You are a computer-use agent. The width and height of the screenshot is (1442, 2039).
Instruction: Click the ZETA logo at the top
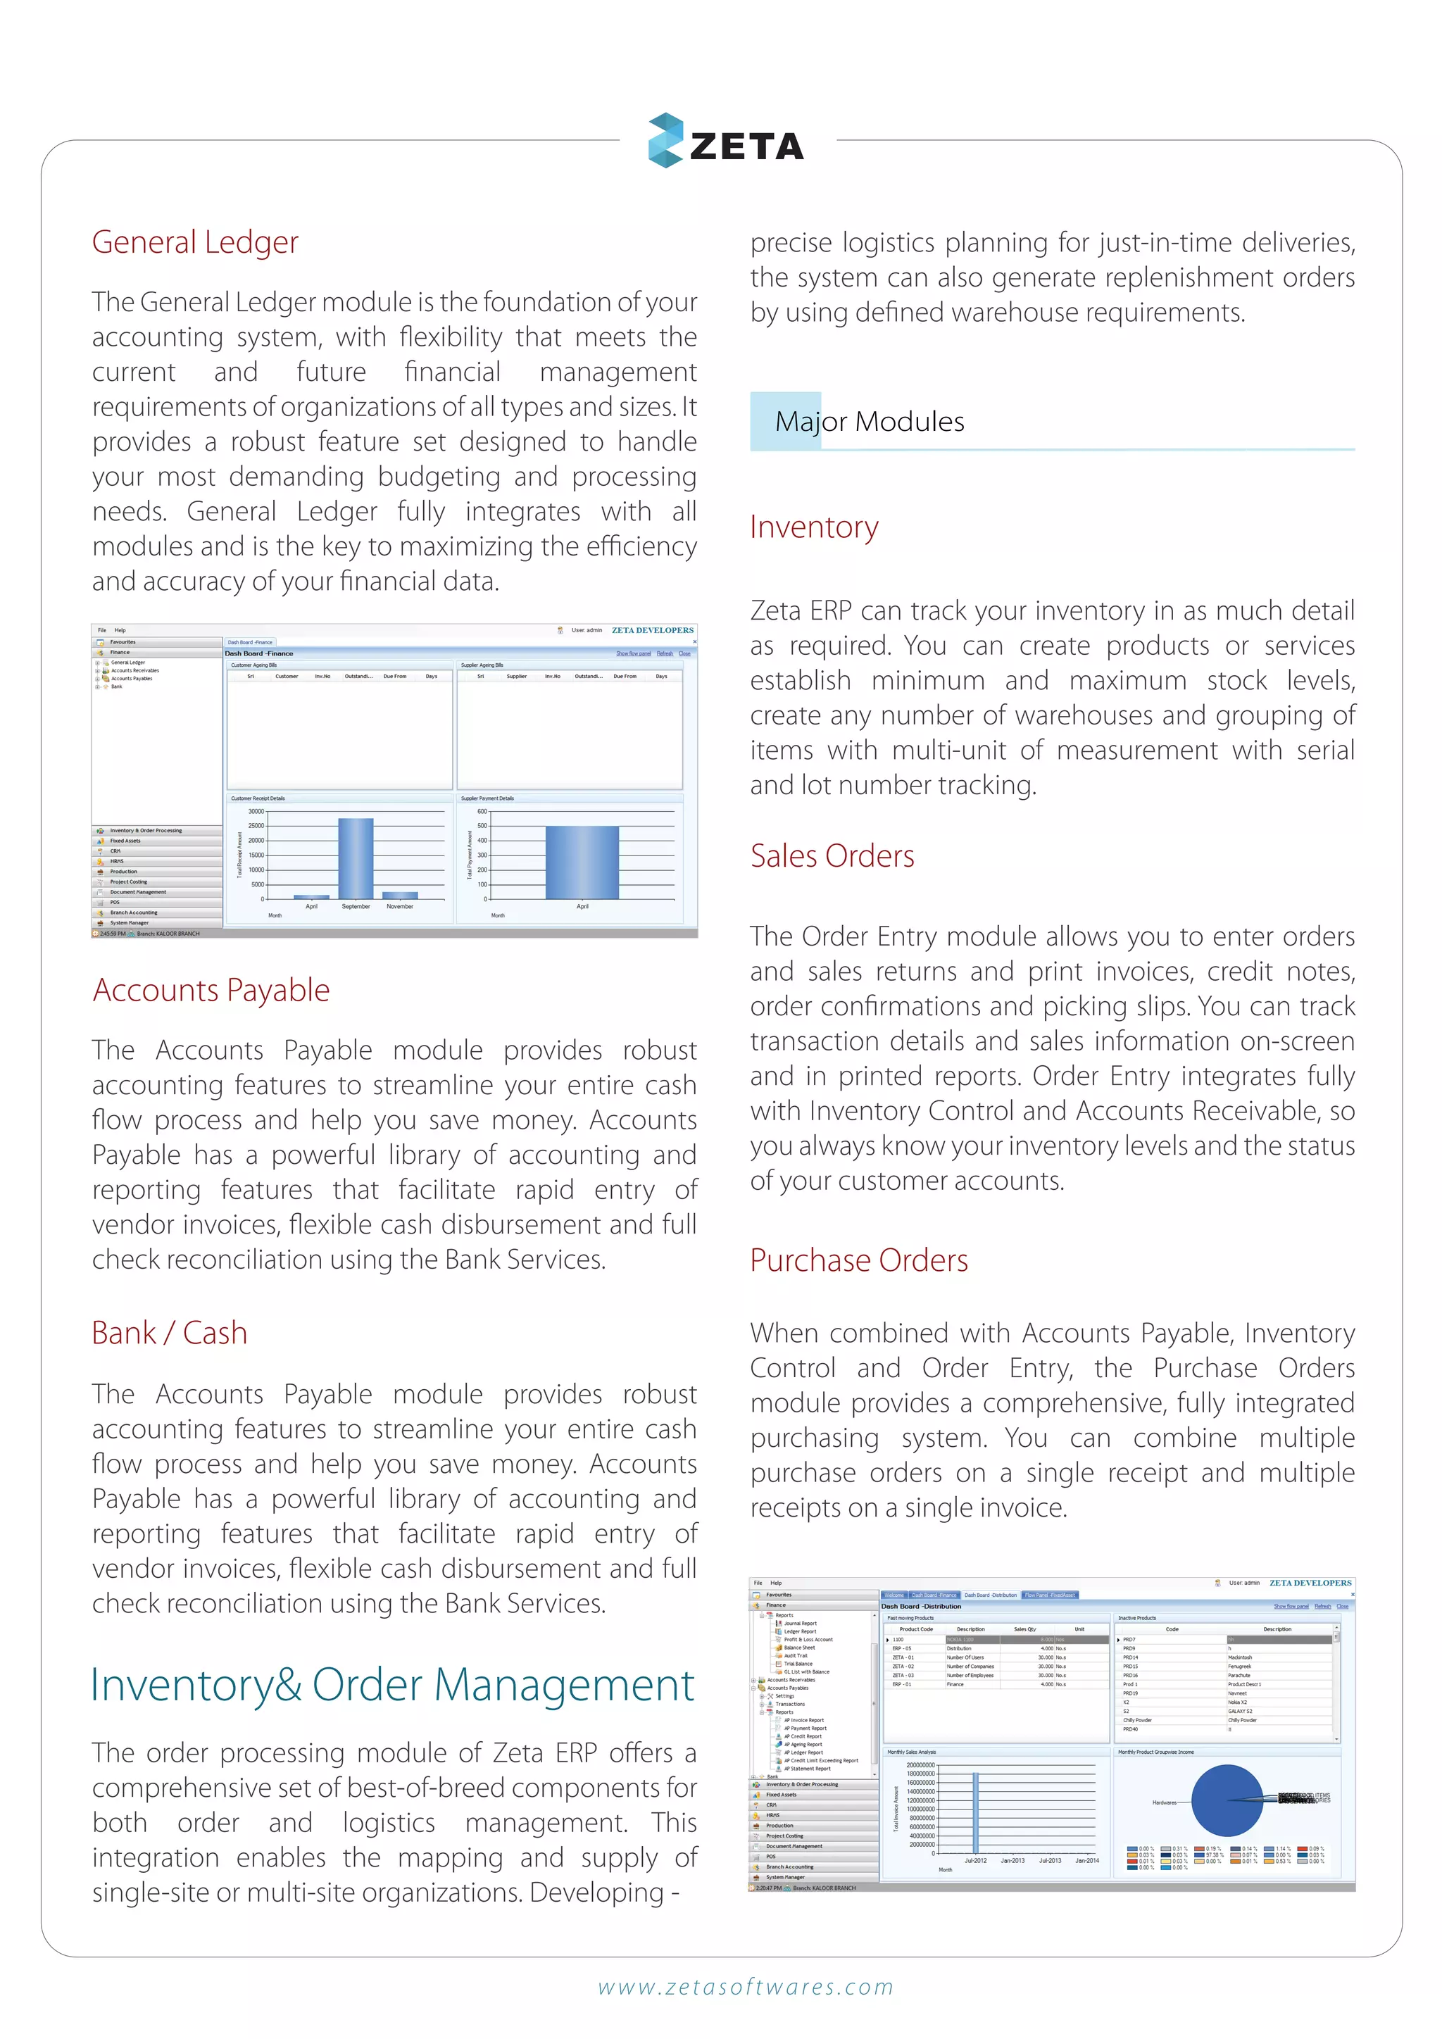pyautogui.click(x=727, y=142)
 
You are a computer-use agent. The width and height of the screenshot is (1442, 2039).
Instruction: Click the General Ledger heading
pyautogui.click(x=195, y=242)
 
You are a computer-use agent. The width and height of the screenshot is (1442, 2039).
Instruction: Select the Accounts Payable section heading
pyautogui.click(x=211, y=990)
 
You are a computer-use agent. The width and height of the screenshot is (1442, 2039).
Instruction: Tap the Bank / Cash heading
pyautogui.click(x=170, y=1333)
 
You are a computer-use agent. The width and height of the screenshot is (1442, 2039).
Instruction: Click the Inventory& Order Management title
pyautogui.click(x=392, y=1685)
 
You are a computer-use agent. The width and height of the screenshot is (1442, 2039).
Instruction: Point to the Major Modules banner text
pyautogui.click(x=870, y=422)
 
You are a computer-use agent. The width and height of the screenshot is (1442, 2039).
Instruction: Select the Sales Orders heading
pyautogui.click(x=832, y=856)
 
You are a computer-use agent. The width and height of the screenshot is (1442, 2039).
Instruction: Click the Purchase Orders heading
pyautogui.click(x=858, y=1260)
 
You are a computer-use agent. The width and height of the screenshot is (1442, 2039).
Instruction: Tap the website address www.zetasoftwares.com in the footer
pyautogui.click(x=745, y=1988)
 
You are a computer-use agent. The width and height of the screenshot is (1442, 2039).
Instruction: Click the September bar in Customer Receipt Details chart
pyautogui.click(x=355, y=859)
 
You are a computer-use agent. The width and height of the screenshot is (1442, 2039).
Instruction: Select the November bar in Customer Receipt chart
pyautogui.click(x=401, y=895)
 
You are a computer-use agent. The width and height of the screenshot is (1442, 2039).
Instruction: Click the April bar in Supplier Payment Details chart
pyautogui.click(x=582, y=862)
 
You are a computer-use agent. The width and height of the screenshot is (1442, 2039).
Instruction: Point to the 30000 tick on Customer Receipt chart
pyautogui.click(x=256, y=812)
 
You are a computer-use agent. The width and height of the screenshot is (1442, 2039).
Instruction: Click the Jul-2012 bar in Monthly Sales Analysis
pyautogui.click(x=975, y=1812)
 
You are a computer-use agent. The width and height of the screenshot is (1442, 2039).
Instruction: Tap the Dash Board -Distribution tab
pyautogui.click(x=990, y=1595)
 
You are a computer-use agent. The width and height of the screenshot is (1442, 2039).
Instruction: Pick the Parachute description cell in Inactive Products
pyautogui.click(x=1239, y=1676)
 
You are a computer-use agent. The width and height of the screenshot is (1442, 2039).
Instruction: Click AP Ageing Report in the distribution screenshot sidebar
pyautogui.click(x=803, y=1744)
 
